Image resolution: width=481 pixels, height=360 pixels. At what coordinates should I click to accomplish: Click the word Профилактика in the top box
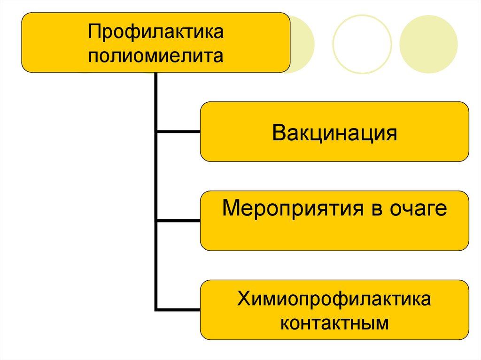click(155, 34)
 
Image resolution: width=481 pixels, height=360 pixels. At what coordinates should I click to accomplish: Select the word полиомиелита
click(155, 56)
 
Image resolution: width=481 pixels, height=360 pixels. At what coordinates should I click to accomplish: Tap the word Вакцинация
click(334, 133)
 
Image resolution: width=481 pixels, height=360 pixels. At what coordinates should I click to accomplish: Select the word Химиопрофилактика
click(334, 299)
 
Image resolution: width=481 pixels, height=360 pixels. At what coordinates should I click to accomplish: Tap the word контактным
click(334, 323)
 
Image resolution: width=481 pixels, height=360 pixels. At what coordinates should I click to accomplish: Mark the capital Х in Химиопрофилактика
click(243, 299)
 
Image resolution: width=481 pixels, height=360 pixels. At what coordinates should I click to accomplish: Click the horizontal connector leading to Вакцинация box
click(178, 132)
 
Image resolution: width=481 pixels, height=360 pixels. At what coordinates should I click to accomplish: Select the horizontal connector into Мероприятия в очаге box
click(178, 221)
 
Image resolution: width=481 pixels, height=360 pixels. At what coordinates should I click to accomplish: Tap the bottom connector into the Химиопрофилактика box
click(178, 309)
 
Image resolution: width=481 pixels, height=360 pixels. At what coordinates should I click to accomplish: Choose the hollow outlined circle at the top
click(362, 44)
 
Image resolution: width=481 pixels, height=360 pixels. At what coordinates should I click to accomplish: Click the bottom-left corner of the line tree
click(156, 309)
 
